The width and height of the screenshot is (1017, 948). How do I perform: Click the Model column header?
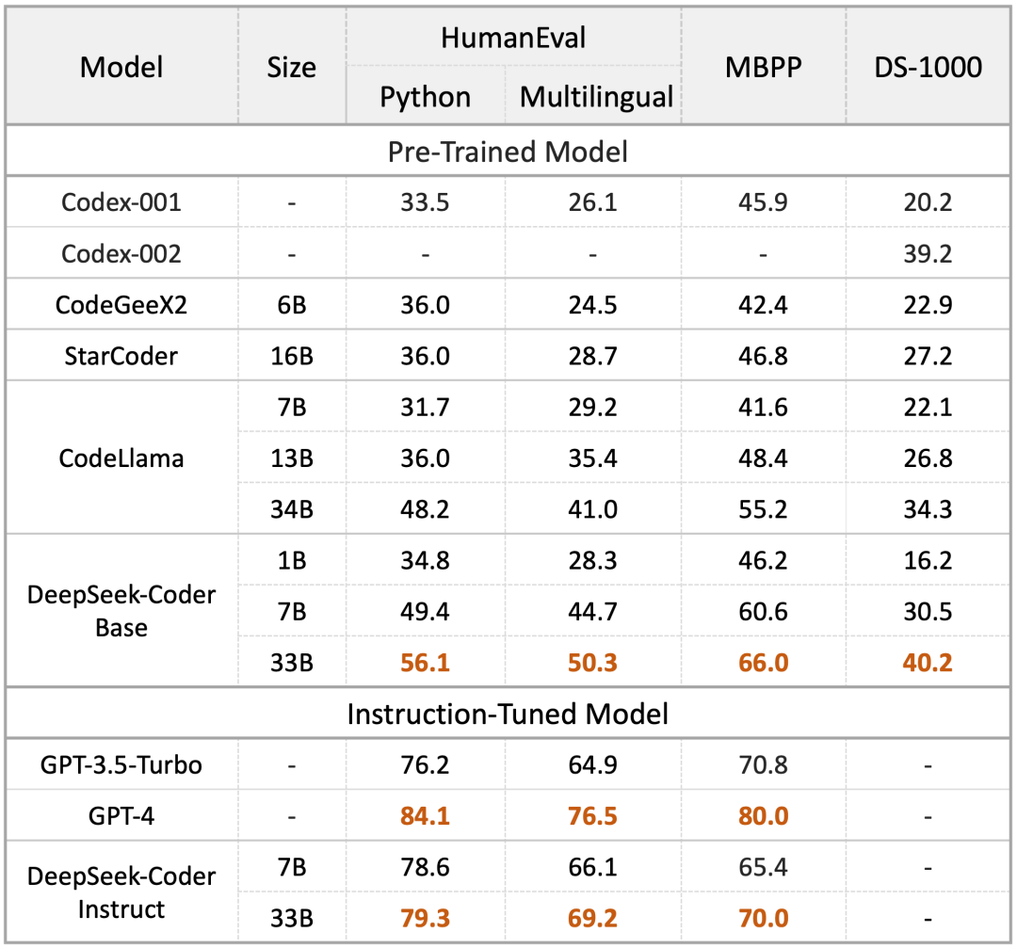[121, 67]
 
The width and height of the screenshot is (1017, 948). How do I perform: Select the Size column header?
[292, 67]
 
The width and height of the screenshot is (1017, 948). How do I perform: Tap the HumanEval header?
[513, 38]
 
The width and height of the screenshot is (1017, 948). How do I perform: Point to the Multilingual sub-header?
[596, 96]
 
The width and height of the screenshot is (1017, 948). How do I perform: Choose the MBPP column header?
[763, 67]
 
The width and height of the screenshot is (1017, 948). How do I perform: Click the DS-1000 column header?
[928, 67]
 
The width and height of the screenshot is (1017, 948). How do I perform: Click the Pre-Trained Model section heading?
[508, 152]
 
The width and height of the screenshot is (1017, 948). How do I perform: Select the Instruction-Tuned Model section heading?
[508, 714]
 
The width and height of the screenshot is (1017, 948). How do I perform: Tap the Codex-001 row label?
[121, 202]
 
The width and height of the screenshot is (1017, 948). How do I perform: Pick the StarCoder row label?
[121, 356]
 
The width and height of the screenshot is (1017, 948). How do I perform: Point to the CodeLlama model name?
[121, 458]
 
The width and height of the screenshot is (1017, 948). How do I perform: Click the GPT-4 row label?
[121, 815]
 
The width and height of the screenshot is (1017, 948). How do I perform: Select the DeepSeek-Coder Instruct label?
[121, 892]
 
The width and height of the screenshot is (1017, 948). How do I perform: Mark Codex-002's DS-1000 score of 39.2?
[928, 253]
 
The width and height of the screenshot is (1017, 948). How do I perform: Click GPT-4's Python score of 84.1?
[426, 815]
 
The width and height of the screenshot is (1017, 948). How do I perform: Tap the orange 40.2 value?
[928, 663]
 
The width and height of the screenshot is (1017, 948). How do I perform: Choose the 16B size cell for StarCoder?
[292, 356]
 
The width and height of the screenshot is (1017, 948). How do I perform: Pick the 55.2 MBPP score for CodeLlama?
[763, 509]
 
